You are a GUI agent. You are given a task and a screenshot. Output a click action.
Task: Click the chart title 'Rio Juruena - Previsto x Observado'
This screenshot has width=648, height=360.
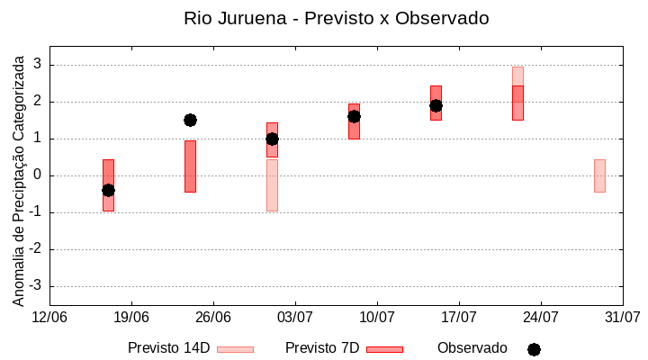coord(336,18)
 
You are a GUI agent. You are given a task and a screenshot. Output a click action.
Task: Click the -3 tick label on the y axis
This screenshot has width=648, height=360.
coord(36,286)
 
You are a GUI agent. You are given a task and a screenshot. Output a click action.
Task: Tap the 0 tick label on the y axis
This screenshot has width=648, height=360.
coord(39,175)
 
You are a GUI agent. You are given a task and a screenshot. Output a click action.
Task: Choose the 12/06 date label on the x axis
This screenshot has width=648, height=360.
coord(49,317)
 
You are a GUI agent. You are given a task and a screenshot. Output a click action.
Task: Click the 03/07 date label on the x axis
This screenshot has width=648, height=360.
coord(295,317)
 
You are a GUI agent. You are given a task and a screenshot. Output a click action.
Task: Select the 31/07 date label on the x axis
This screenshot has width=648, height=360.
coord(622,317)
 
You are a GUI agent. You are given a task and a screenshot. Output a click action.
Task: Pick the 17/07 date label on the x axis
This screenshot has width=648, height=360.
coord(459,317)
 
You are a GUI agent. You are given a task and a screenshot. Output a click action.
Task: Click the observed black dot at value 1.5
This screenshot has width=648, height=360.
coord(190,120)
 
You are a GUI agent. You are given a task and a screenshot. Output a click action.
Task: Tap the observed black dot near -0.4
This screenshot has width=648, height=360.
coord(108,190)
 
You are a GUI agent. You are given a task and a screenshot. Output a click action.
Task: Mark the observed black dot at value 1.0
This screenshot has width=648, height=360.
coord(272,139)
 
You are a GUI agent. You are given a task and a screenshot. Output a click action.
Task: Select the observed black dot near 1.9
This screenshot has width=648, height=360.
coord(436,105)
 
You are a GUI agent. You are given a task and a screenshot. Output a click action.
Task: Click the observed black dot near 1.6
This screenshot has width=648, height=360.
coord(354,116)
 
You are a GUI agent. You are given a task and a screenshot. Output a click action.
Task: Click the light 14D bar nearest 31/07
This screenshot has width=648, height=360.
coord(599,175)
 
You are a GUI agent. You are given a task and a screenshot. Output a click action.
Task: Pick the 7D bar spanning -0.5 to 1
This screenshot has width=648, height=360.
coord(190,166)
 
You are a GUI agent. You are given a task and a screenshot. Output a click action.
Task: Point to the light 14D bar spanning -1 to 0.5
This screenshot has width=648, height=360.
coord(272,184)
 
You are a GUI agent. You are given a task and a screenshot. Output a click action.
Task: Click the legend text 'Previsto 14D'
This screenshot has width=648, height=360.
coord(168,348)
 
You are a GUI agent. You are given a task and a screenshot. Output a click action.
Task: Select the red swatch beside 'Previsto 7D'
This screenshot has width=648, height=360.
coord(384,349)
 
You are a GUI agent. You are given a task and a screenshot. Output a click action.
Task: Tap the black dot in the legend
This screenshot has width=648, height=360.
coord(534,349)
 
